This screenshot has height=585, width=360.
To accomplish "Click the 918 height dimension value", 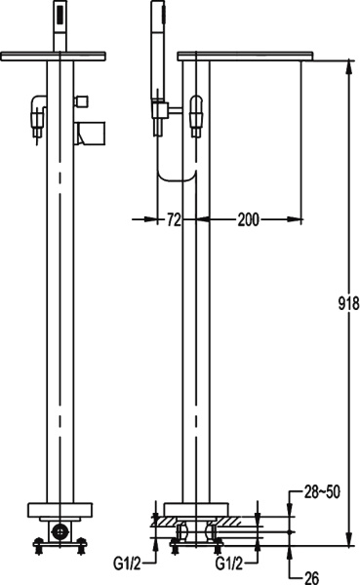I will (x=348, y=302).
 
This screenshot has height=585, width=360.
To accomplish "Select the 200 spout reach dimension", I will (x=249, y=220).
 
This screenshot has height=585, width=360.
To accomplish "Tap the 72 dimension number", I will (x=174, y=220).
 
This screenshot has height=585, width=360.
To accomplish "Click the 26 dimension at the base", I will (x=310, y=577).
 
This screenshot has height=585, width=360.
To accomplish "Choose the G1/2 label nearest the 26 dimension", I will (x=231, y=562).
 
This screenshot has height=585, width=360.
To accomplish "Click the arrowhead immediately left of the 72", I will (x=157, y=220).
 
